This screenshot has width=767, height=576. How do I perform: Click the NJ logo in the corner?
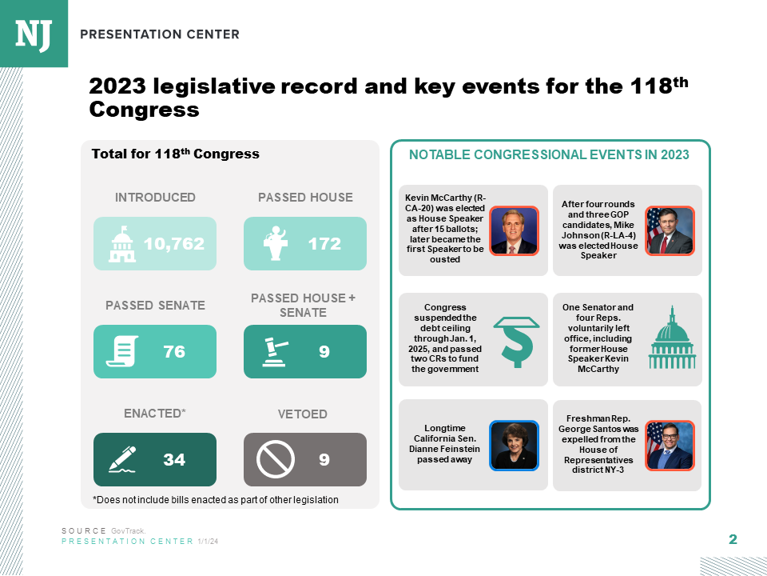(34, 33)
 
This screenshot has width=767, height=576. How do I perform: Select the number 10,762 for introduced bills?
(174, 243)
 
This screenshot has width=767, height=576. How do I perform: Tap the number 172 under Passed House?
(324, 243)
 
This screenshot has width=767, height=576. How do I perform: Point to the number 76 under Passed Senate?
(174, 351)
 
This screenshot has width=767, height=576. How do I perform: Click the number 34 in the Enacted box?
(174, 459)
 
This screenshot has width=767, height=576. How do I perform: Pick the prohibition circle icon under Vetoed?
(276, 459)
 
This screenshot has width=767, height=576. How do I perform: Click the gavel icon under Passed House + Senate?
(275, 351)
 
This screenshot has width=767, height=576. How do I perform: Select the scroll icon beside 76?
(122, 352)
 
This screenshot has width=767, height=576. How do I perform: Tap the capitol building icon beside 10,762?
(122, 243)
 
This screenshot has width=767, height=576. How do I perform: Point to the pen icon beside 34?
(122, 459)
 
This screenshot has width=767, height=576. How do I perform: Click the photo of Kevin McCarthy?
(514, 230)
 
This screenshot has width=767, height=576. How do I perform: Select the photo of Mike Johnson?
(670, 230)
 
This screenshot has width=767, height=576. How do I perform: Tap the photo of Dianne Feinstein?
(514, 445)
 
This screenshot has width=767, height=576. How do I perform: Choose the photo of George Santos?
(670, 445)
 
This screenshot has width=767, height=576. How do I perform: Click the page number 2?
(733, 539)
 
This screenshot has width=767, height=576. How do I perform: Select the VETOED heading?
(302, 414)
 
